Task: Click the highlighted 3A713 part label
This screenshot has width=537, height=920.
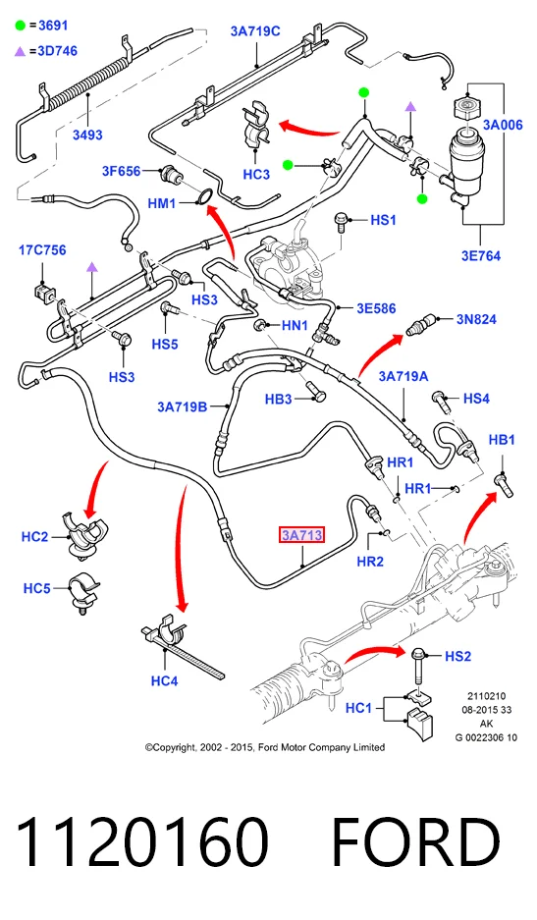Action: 301,535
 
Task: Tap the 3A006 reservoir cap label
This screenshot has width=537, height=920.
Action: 503,125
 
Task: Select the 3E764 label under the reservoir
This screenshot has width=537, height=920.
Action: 481,256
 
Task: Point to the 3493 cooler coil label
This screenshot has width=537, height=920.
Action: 87,135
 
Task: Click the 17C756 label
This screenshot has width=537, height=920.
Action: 42,250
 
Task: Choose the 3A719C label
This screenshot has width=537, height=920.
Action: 255,31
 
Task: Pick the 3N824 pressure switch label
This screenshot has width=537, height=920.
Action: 476,319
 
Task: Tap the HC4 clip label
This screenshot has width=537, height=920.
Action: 164,680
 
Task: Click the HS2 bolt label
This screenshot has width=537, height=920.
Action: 457,656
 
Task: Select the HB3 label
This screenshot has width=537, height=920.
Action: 278,399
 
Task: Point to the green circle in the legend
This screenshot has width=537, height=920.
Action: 21,26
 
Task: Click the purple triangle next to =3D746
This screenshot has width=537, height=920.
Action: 20,52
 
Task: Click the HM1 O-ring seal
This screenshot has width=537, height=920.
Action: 204,198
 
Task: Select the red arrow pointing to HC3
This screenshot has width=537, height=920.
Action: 308,128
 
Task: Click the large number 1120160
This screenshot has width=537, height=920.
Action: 142,841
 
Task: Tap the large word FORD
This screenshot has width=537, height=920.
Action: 416,841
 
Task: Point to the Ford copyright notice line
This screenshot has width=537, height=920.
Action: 265,747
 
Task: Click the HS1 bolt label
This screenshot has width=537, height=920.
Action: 383,220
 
